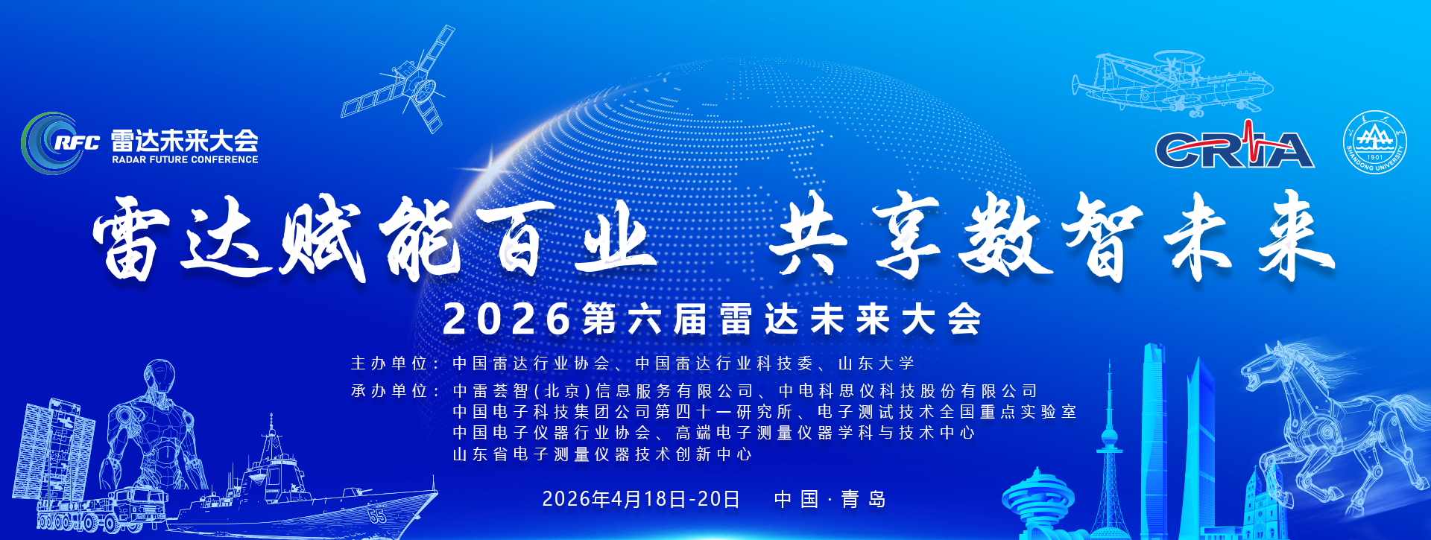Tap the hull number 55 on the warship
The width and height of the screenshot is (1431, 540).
pyautogui.click(x=378, y=514)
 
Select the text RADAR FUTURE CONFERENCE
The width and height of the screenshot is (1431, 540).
pyautogui.click(x=185, y=159)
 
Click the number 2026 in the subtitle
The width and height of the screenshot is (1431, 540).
pyautogui.click(x=507, y=320)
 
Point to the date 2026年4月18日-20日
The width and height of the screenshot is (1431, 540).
pyautogui.click(x=641, y=499)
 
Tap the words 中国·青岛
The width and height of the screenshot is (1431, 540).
pyautogui.click(x=830, y=499)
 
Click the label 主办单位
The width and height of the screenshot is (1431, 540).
pyautogui.click(x=388, y=363)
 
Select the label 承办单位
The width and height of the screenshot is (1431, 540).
pyautogui.click(x=388, y=391)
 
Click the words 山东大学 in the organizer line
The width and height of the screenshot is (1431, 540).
pyautogui.click(x=876, y=363)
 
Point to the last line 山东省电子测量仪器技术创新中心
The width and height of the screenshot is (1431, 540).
pyautogui.click(x=603, y=454)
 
